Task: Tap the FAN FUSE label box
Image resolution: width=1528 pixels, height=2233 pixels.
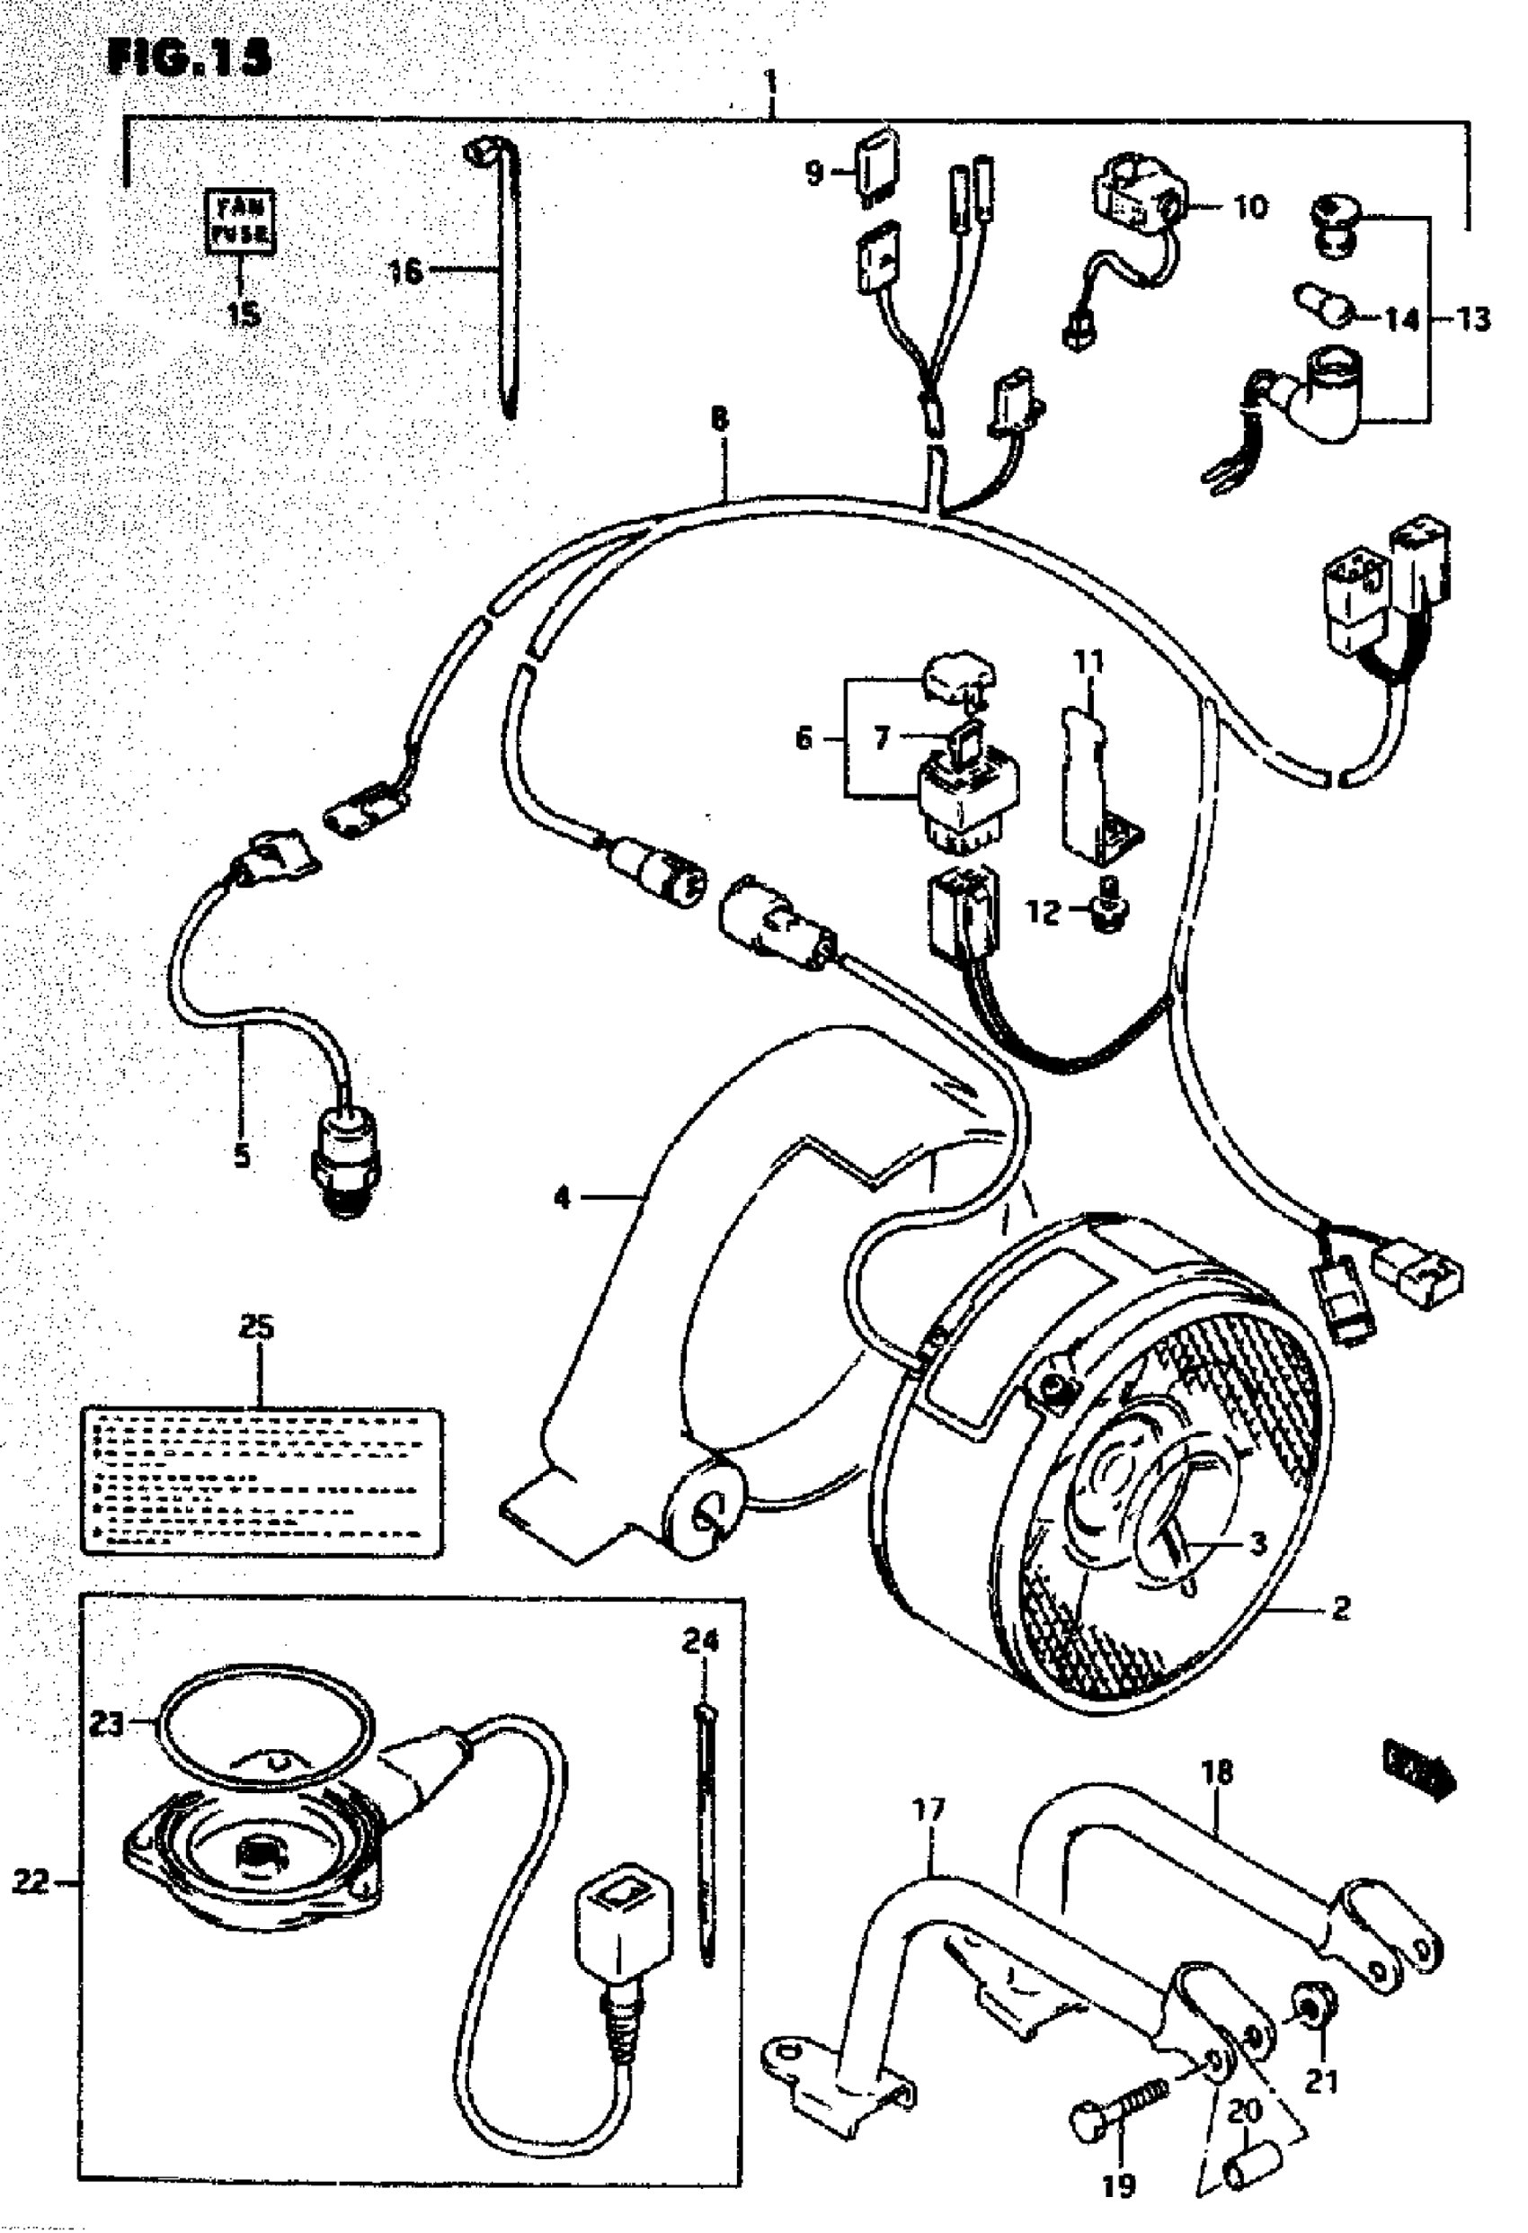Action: (x=241, y=220)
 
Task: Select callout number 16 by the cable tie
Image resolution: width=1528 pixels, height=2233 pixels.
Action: (x=404, y=271)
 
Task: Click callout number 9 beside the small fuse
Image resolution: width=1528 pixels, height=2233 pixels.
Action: (x=813, y=173)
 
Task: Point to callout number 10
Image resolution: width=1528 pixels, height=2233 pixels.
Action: (x=1249, y=207)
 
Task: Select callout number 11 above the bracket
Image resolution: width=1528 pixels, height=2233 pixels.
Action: (x=1088, y=661)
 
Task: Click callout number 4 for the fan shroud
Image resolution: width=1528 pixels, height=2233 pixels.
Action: (x=563, y=1197)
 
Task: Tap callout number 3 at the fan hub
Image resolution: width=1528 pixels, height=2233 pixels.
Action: (x=1257, y=1543)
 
